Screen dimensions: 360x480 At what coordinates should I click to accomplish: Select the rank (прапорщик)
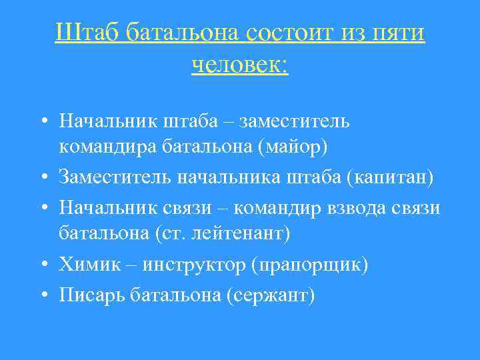(309, 265)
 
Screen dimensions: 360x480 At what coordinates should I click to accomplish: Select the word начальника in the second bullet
(219, 177)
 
